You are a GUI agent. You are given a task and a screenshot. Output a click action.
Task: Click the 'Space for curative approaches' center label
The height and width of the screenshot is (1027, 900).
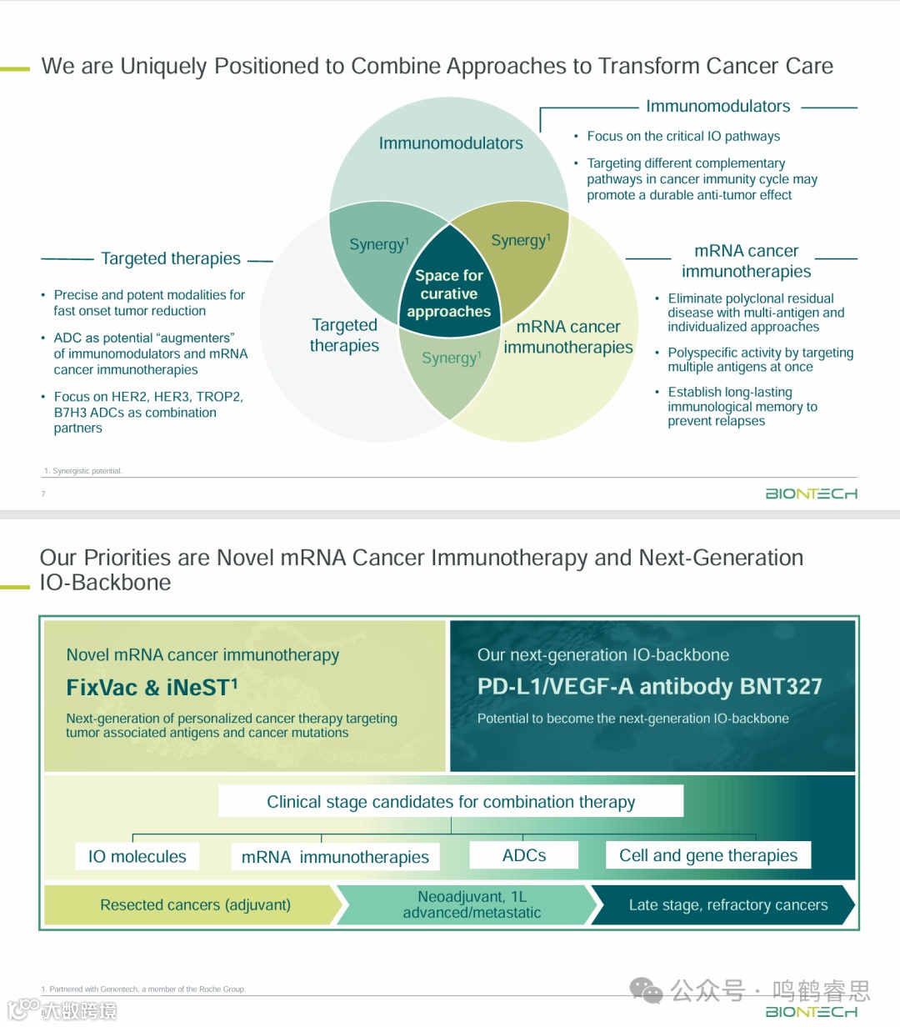pyautogui.click(x=449, y=293)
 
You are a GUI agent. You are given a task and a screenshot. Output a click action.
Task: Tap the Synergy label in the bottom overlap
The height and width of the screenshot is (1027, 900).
pyautogui.click(x=451, y=358)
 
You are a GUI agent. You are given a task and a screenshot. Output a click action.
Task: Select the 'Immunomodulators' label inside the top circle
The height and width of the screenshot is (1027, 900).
pyautogui.click(x=451, y=143)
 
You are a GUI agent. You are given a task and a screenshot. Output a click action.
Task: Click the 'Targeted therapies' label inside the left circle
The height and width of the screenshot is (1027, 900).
pyautogui.click(x=344, y=335)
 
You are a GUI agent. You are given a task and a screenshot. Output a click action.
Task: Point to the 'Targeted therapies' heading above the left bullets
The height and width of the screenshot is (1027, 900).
pyautogui.click(x=171, y=258)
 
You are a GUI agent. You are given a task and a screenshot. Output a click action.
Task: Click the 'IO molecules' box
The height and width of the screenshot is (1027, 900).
pyautogui.click(x=137, y=856)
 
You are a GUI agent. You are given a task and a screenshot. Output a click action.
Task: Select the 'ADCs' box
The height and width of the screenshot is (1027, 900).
pyautogui.click(x=524, y=855)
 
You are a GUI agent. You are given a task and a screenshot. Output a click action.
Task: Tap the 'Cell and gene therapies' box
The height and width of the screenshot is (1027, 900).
pyautogui.click(x=708, y=855)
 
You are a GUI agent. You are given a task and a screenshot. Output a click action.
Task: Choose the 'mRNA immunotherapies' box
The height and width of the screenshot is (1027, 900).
pyautogui.click(x=335, y=857)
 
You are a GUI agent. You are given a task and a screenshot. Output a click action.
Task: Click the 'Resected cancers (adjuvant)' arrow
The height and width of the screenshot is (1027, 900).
pyautogui.click(x=195, y=904)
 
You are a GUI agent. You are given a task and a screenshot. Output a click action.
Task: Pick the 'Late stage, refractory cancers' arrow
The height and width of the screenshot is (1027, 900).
pyautogui.click(x=727, y=904)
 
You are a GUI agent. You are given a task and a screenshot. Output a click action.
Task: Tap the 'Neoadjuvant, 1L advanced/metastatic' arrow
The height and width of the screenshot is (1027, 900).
pyautogui.click(x=472, y=904)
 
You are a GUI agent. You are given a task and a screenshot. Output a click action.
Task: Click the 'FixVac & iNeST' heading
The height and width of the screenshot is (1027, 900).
pyautogui.click(x=152, y=688)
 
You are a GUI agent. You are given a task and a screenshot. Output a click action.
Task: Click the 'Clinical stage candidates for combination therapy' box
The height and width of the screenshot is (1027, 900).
pyautogui.click(x=451, y=802)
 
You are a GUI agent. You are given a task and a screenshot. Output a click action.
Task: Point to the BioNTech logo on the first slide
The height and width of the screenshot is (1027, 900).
pyautogui.click(x=811, y=493)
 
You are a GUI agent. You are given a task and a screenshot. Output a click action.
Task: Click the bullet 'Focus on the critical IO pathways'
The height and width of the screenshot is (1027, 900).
pyautogui.click(x=683, y=136)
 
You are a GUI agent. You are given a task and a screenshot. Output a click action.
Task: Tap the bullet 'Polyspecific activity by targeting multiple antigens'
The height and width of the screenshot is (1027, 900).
pyautogui.click(x=760, y=359)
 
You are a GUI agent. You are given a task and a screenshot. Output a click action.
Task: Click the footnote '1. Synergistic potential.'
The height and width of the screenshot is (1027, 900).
pyautogui.click(x=83, y=471)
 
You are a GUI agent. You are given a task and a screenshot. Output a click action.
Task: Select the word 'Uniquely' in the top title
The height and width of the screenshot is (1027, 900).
pyautogui.click(x=164, y=66)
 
